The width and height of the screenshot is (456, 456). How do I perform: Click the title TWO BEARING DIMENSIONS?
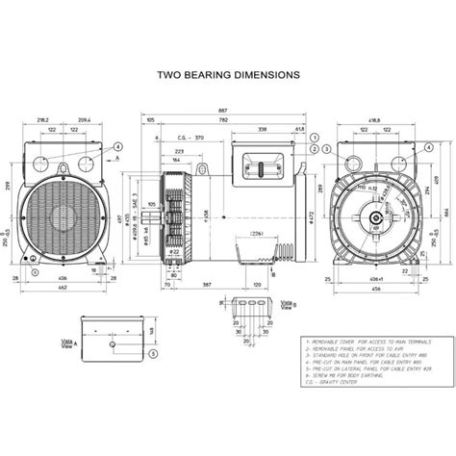(x=228, y=73)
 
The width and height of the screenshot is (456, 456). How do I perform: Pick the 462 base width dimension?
(x=62, y=287)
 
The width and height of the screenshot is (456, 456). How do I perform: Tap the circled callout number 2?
(x=315, y=149)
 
